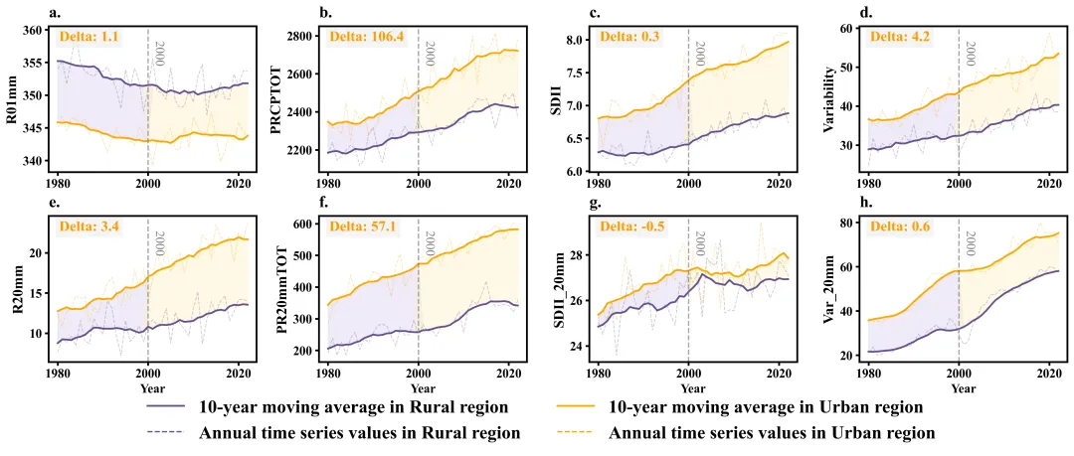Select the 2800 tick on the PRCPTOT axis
pos(300,36)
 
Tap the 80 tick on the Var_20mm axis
pos(848,224)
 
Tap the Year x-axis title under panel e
pos(152,387)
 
